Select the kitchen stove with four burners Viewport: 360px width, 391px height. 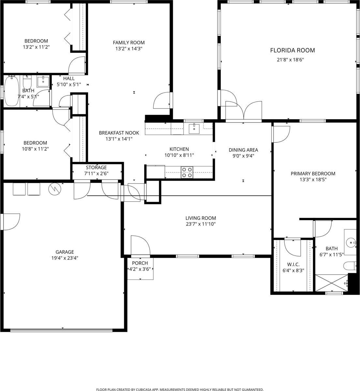[x=187, y=172]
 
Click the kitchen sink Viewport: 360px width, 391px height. [x=194, y=128]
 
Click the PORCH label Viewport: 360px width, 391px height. [x=140, y=263]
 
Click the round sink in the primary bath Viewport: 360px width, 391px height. [x=351, y=242]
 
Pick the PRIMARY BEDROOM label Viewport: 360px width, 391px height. [x=313, y=174]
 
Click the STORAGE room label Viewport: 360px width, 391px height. [x=96, y=167]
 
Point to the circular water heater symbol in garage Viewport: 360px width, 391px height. [x=53, y=188]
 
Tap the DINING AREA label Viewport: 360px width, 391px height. [x=243, y=150]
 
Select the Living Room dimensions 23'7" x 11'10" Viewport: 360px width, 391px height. [x=201, y=224]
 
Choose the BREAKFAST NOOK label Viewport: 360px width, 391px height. [x=119, y=133]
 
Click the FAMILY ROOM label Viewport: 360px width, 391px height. [x=128, y=42]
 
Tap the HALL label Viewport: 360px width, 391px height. [x=69, y=79]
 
